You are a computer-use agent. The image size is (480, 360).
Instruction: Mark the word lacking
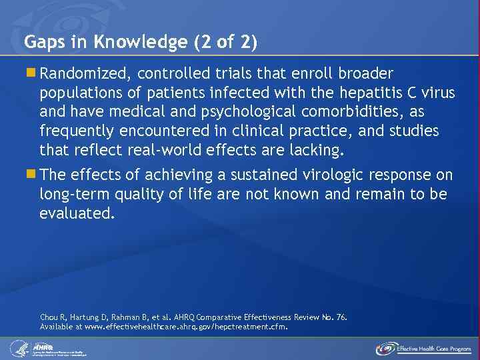(x=315, y=150)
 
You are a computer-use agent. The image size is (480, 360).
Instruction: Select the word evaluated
(x=77, y=214)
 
